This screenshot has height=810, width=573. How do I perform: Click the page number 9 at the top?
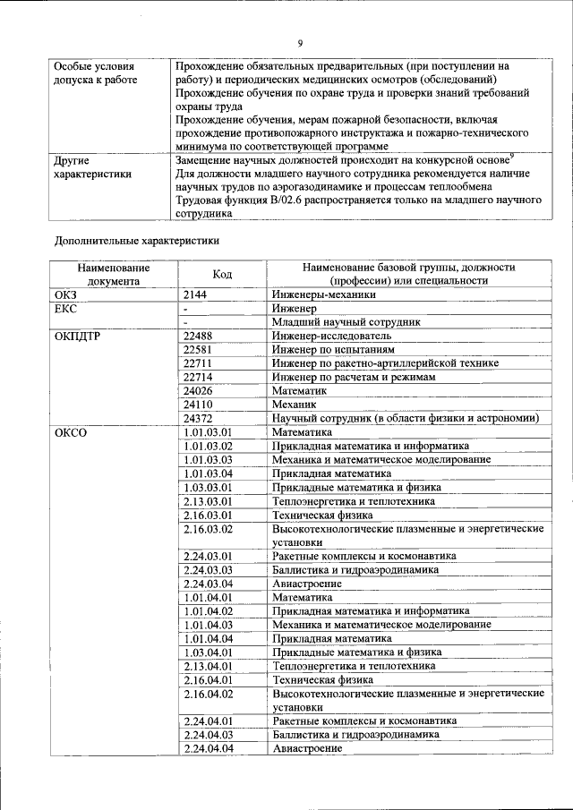[x=300, y=42]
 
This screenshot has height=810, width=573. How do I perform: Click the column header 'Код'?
[x=222, y=274]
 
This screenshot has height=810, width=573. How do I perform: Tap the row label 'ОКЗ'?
[x=67, y=294]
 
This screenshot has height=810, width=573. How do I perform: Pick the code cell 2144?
[x=197, y=294]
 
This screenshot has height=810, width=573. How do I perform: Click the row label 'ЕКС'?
[x=67, y=308]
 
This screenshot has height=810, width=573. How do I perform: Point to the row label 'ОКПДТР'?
[x=77, y=336]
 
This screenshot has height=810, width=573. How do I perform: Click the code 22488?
[x=200, y=336]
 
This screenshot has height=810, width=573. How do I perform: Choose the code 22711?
[x=200, y=363]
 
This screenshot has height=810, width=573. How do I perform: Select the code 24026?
[x=200, y=391]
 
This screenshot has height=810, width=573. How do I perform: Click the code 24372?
[x=200, y=419]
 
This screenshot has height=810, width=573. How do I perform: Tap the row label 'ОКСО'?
[x=71, y=432]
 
